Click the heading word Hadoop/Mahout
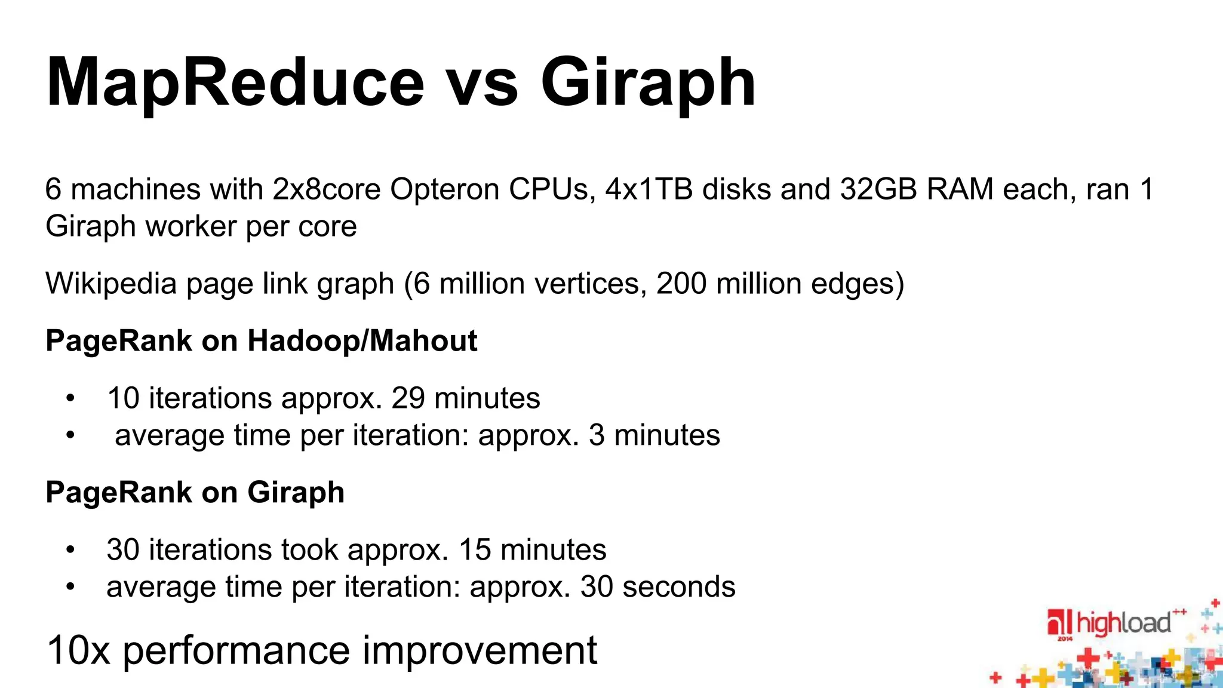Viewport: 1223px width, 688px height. click(362, 341)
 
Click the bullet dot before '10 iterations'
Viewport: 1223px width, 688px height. click(70, 398)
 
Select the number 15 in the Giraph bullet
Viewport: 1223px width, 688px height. click(475, 549)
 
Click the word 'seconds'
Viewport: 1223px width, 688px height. click(679, 586)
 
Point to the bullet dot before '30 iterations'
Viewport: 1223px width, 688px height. click(70, 550)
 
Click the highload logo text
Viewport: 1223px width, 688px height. click(1123, 623)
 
